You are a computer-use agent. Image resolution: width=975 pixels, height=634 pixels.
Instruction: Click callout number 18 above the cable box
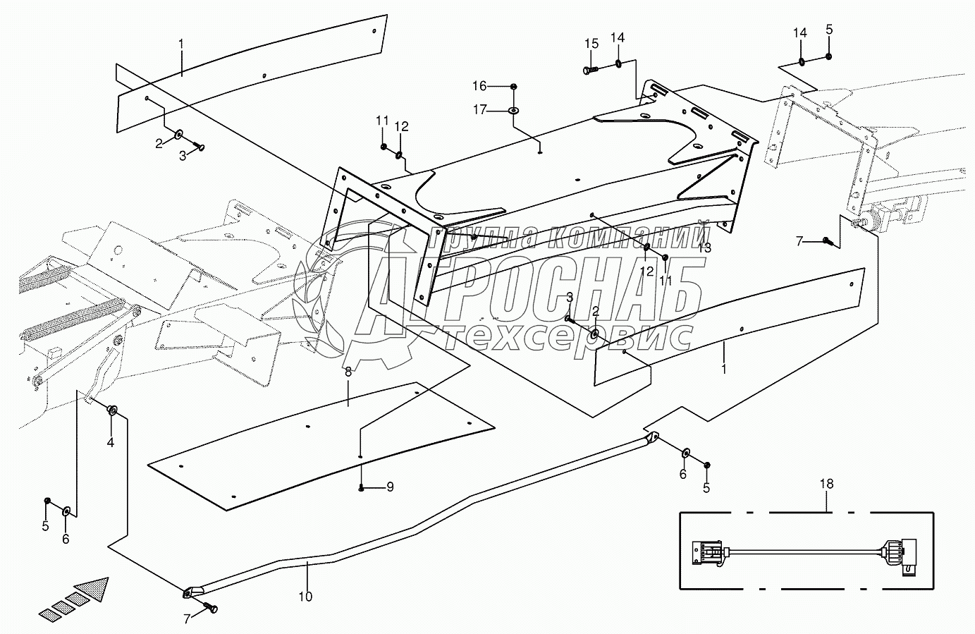coord(826,484)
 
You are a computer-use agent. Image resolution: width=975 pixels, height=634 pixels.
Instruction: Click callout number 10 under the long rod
coord(305,597)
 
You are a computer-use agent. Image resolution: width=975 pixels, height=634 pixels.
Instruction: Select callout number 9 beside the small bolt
coord(390,487)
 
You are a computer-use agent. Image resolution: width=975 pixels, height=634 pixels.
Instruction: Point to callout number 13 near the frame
coord(704,248)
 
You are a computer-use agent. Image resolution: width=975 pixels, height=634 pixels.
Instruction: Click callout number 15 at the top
coord(591,44)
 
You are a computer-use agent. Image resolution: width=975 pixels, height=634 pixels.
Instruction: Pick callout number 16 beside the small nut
coord(498,86)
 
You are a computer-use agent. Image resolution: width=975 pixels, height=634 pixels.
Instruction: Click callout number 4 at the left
coord(110,443)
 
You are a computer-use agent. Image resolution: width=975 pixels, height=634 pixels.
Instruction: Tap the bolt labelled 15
coord(591,69)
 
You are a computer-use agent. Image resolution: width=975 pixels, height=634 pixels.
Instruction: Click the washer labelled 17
coord(514,111)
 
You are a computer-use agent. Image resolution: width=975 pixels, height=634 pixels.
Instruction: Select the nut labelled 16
coord(514,86)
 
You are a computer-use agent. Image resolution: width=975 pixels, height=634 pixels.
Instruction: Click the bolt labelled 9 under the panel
coord(361,488)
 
